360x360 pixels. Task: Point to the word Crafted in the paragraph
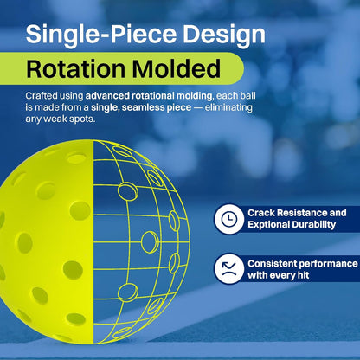(42, 93)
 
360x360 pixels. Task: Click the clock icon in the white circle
(228, 220)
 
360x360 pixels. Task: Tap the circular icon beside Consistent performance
(228, 267)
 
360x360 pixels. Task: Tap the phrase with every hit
(283, 275)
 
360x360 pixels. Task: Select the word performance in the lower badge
(333, 263)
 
